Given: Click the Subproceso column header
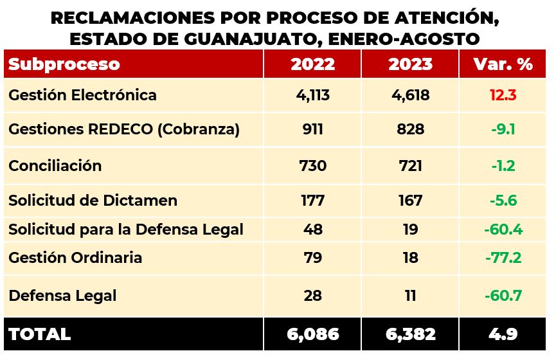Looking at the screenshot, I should click(x=64, y=64).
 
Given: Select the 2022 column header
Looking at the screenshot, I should click(x=312, y=64).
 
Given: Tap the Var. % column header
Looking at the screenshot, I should click(x=503, y=64).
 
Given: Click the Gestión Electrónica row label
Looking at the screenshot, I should click(x=82, y=95).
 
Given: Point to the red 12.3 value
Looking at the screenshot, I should click(x=503, y=96).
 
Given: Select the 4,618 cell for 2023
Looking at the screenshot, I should click(x=410, y=96).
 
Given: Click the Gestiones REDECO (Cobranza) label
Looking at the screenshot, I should click(x=124, y=129).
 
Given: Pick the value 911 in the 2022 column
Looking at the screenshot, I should click(x=312, y=129).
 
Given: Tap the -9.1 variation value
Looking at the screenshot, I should click(x=503, y=129).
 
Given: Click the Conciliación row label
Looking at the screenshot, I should click(x=55, y=165).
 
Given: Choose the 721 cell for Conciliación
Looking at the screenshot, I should click(x=410, y=165).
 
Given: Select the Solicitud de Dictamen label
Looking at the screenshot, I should click(x=93, y=200).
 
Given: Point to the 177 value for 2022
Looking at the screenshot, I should click(x=312, y=200).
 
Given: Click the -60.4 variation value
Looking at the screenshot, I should click(x=503, y=229).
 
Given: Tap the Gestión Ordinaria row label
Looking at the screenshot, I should click(x=75, y=258).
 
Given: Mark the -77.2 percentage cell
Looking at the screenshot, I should click(x=503, y=258).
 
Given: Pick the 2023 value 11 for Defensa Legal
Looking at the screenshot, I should click(x=410, y=296).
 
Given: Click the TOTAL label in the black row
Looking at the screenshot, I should click(x=40, y=334).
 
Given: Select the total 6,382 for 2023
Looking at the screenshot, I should click(x=410, y=334).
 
